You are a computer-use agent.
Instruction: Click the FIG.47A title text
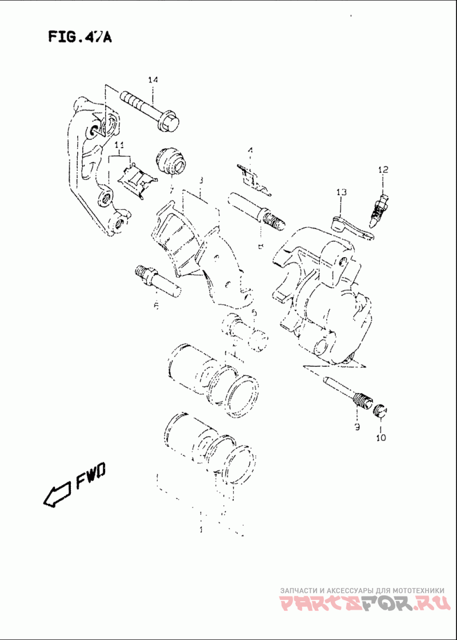[79, 38]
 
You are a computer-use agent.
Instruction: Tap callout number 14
[152, 81]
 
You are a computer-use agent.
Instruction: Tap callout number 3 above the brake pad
[201, 181]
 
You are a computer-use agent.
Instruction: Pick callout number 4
[250, 150]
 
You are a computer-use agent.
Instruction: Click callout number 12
[382, 170]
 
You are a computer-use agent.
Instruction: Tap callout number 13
[341, 193]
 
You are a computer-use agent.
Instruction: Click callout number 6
[156, 306]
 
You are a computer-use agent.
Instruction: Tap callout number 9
[356, 427]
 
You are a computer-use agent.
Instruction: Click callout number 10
[381, 438]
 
